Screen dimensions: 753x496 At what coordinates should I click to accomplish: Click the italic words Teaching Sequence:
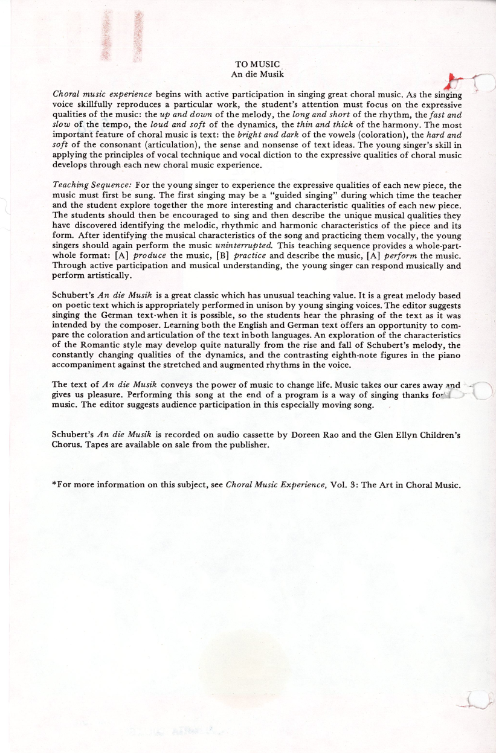click(84, 185)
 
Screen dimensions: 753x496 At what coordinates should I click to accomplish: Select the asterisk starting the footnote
click(55, 484)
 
